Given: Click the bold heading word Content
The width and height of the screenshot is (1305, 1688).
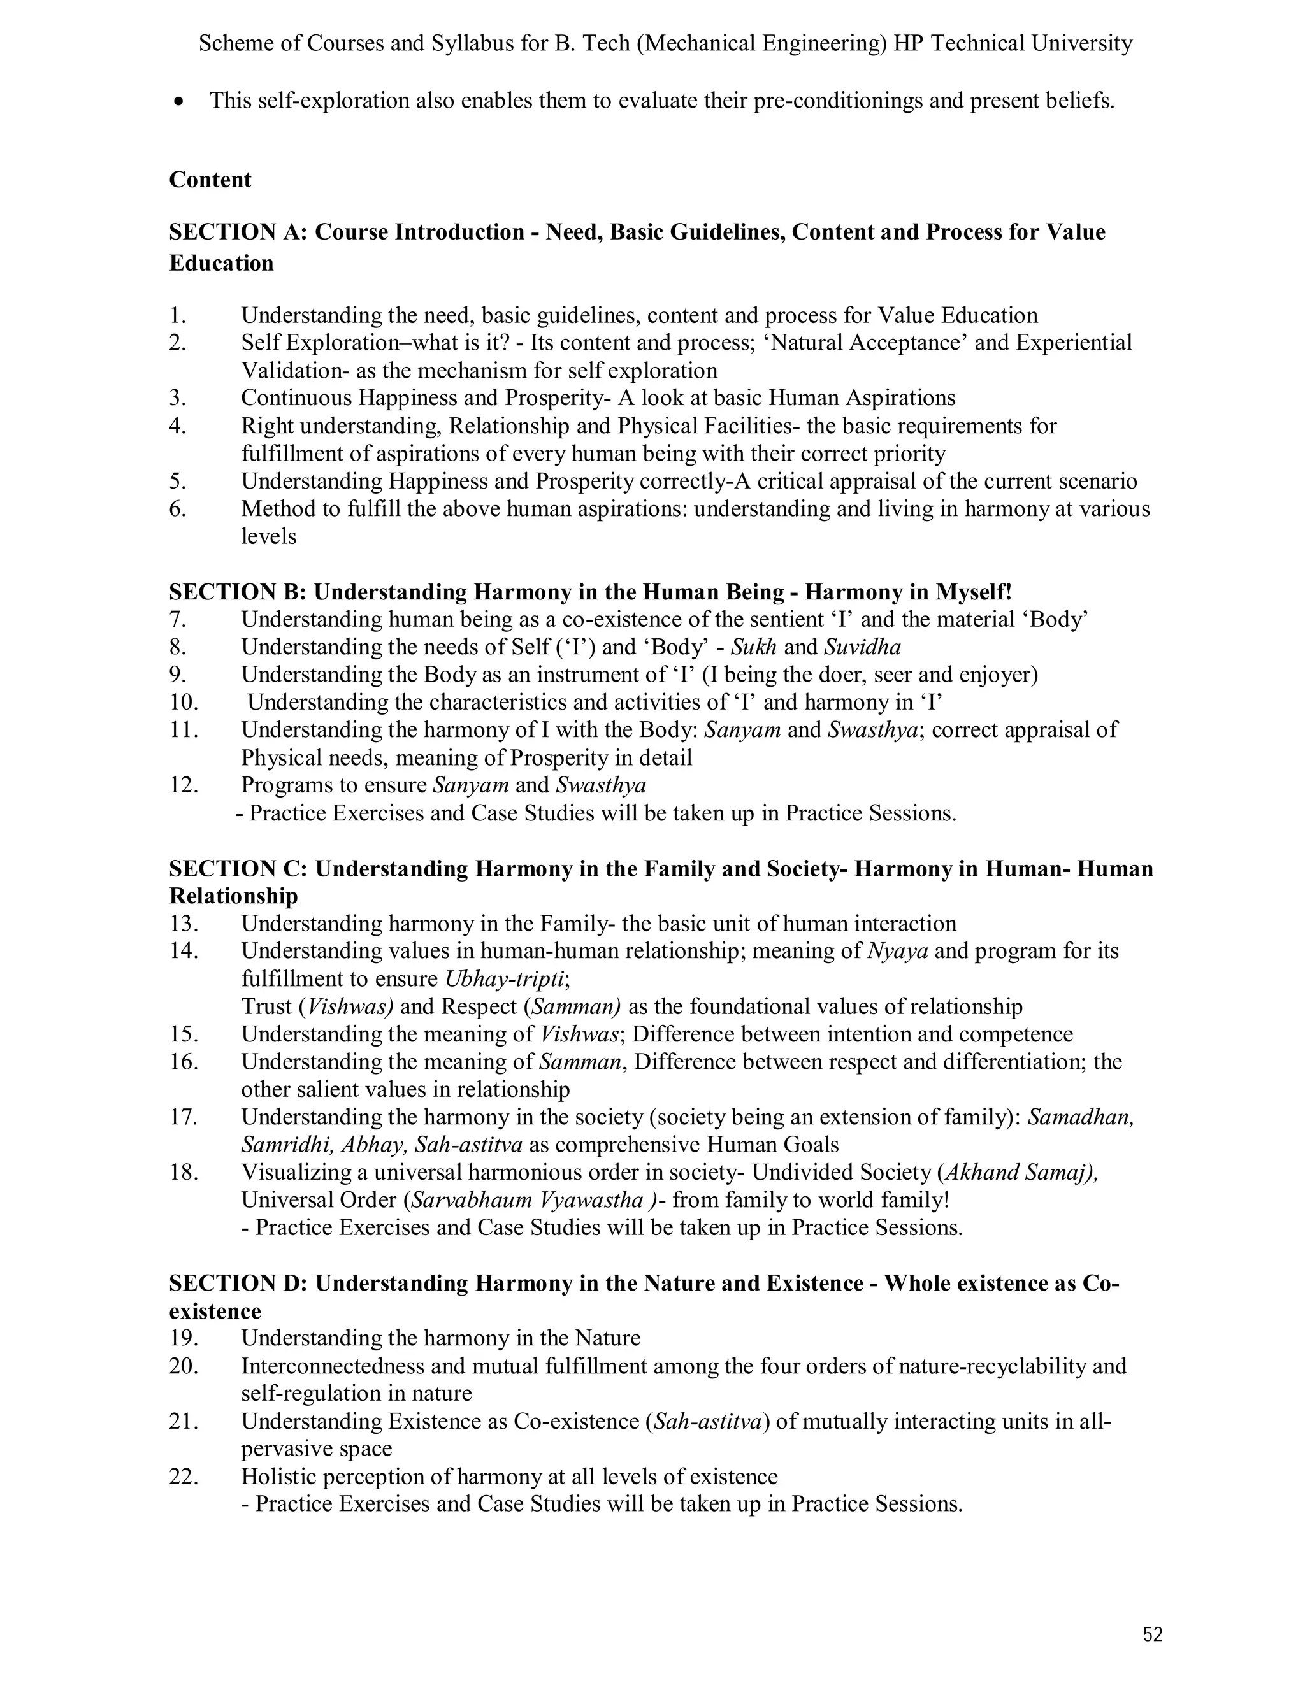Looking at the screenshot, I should pos(210,180).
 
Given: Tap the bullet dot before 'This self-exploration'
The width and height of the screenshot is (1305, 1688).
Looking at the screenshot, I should pos(179,101).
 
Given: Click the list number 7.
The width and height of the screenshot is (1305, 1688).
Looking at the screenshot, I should pos(177,619).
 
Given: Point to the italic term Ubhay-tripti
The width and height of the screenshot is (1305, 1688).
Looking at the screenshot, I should pos(505,978).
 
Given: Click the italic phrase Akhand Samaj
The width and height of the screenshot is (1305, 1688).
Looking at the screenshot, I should pos(1016,1173).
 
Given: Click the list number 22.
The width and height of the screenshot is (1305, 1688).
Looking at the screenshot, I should pos(184,1477).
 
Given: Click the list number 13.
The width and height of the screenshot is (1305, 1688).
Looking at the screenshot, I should pos(184,924).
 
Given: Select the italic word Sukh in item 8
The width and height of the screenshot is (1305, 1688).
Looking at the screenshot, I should pos(754,647).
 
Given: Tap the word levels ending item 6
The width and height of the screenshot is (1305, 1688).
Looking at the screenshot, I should pos(268,536).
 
